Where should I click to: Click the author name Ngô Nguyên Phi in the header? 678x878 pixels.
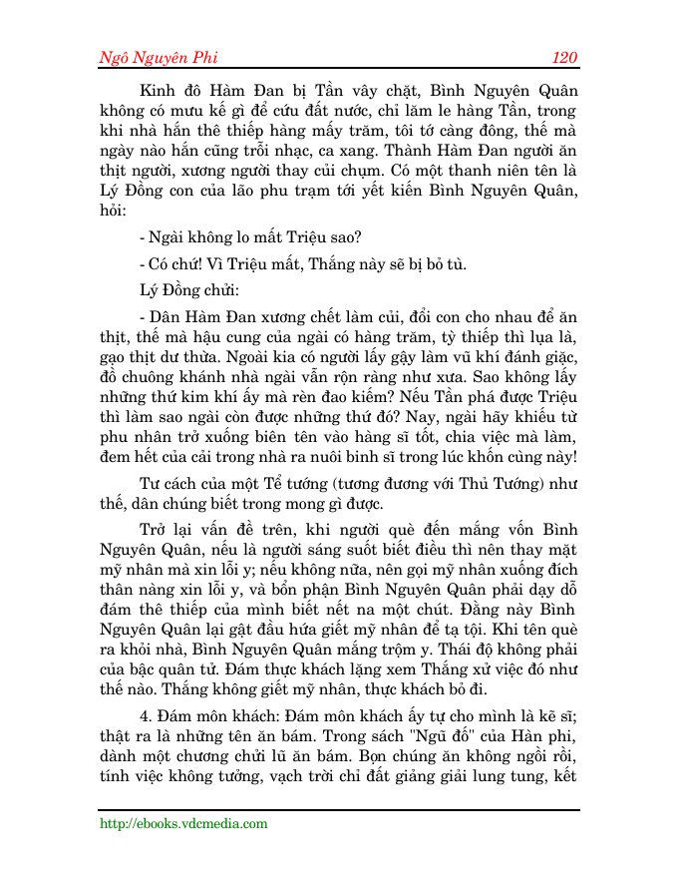tap(163, 57)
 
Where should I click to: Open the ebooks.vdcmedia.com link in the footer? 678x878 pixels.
tap(183, 823)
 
